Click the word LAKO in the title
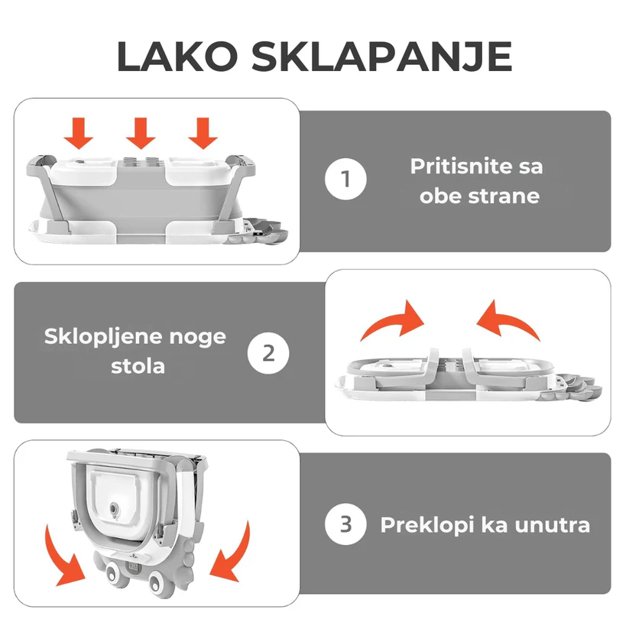point(177,56)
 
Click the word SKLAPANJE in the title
point(381,57)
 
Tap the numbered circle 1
point(345,179)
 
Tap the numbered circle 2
point(268,353)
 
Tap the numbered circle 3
point(345,524)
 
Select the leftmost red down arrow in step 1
point(79,133)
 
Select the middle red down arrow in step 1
point(141,133)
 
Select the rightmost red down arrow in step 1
point(203,133)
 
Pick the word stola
point(138,366)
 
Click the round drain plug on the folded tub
point(115,509)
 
